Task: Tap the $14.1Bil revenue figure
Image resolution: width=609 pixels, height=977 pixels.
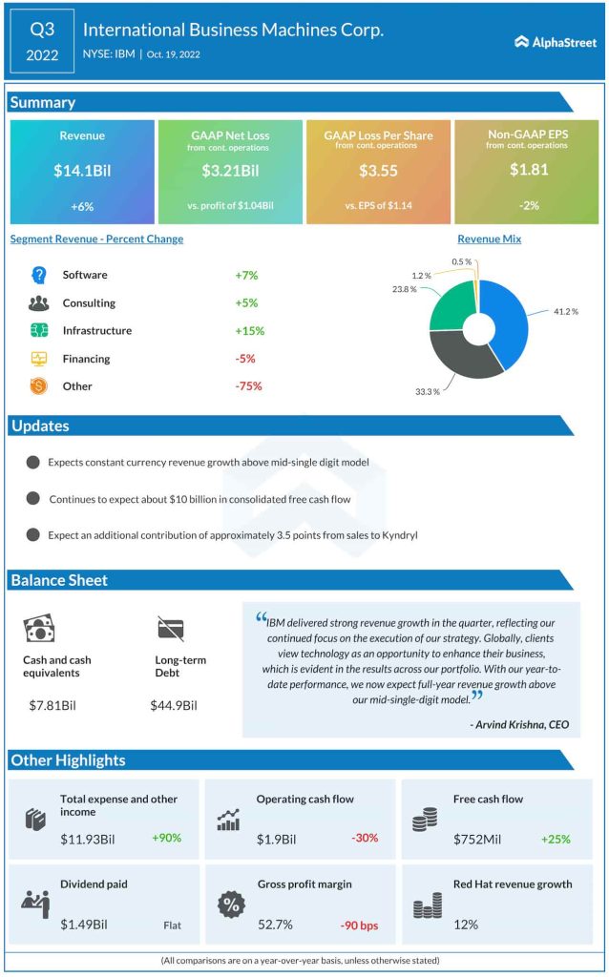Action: click(x=81, y=172)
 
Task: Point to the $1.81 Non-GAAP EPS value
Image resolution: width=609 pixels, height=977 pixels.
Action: click(x=527, y=169)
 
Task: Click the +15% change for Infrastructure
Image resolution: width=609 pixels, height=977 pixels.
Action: click(x=249, y=331)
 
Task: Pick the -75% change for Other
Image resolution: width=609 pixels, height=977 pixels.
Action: click(x=248, y=386)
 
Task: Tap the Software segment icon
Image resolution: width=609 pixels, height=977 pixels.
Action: click(x=39, y=275)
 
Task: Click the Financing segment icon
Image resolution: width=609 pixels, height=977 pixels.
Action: click(x=39, y=359)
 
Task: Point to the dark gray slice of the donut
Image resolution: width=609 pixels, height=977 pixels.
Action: click(x=466, y=359)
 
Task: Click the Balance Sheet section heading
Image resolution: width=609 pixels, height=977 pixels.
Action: click(x=59, y=580)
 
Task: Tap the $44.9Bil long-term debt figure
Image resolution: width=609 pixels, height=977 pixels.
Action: click(x=174, y=705)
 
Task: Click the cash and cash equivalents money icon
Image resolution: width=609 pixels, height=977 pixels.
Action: click(x=39, y=628)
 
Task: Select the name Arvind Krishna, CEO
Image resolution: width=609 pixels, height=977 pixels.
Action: click(x=519, y=724)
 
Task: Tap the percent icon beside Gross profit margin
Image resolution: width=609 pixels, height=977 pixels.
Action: click(x=230, y=904)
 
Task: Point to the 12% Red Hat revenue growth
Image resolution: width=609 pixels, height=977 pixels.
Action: click(x=465, y=924)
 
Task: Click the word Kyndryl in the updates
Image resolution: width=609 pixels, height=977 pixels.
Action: click(x=396, y=535)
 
